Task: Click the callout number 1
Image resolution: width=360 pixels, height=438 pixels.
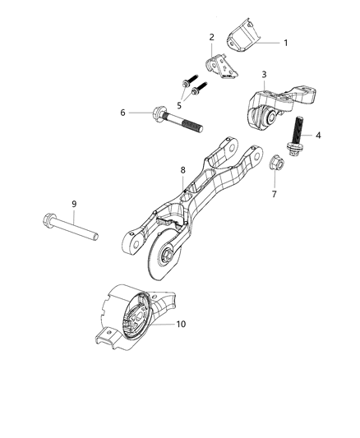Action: [285, 42]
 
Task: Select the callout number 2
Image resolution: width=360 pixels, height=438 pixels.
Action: [211, 37]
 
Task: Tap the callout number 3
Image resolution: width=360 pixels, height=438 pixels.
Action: [264, 75]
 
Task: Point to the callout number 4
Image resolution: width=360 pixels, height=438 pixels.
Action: [319, 135]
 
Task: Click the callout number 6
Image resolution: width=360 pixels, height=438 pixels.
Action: [123, 112]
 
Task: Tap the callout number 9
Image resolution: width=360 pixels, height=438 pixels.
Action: [73, 203]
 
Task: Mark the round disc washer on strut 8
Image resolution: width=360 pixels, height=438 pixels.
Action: [156, 260]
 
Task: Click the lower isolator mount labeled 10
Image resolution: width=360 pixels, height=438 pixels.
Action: [132, 316]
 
